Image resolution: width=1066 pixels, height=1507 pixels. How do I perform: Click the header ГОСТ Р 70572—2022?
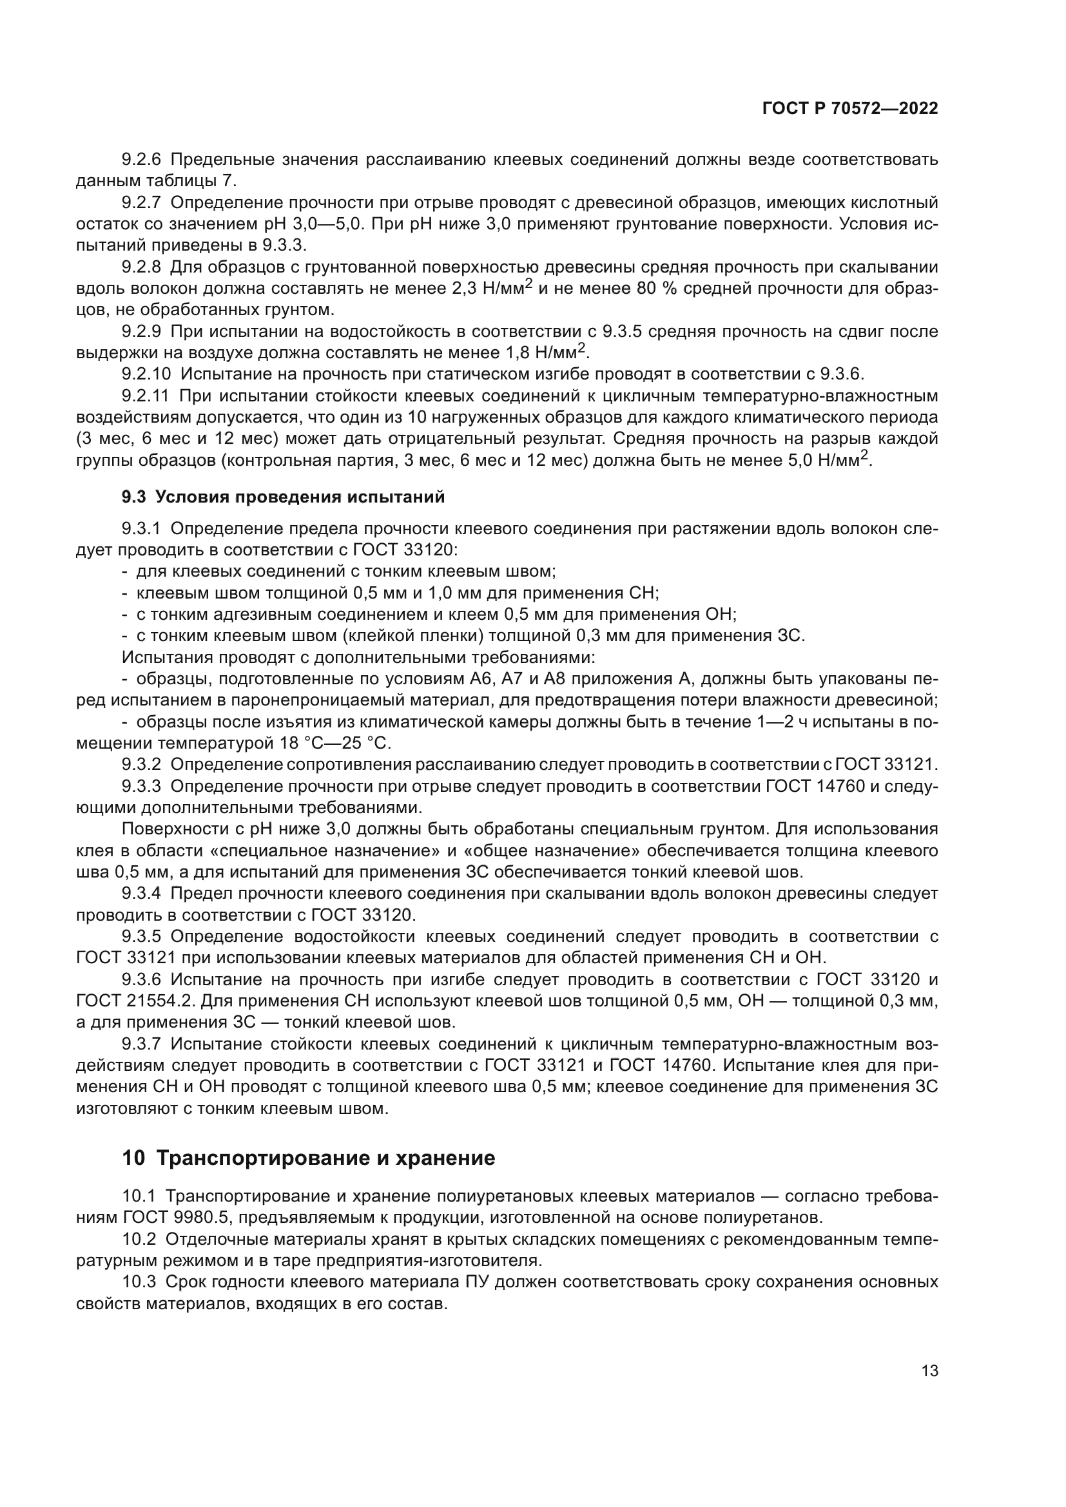(849, 109)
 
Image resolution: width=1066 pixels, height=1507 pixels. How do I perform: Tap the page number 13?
(929, 1370)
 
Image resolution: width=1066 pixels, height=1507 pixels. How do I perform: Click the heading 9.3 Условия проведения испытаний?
(283, 497)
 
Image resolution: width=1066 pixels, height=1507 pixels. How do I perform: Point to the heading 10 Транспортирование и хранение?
(309, 1158)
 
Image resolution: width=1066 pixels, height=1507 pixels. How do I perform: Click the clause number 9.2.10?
(146, 374)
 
